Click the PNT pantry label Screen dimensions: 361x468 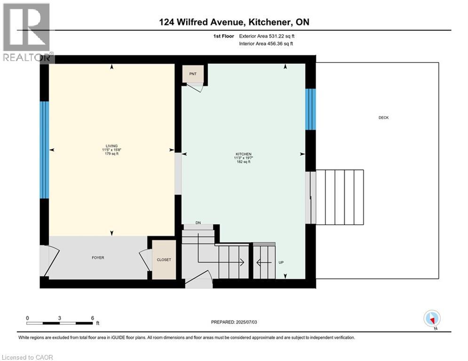(x=193, y=74)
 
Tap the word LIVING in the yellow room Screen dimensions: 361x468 (x=111, y=146)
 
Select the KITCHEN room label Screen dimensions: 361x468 (x=243, y=154)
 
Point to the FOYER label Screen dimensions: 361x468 (x=98, y=258)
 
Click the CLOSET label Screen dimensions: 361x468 (x=164, y=259)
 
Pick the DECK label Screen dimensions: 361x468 (x=383, y=118)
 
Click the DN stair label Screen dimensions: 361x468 (x=198, y=223)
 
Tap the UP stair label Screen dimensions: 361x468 (x=281, y=262)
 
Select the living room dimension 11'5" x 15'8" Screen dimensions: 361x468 (x=111, y=150)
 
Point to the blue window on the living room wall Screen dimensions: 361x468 (x=44, y=149)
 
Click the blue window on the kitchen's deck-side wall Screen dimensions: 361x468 (x=310, y=109)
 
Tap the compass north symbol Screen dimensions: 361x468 (x=431, y=319)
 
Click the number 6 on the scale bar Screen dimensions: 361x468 (x=93, y=318)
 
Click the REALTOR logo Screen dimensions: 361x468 (x=26, y=33)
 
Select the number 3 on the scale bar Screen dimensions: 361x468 (x=60, y=318)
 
